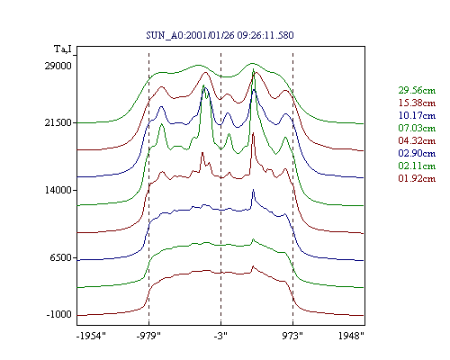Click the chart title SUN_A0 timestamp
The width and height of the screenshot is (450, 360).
tap(220, 35)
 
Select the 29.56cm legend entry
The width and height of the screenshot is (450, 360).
tap(417, 90)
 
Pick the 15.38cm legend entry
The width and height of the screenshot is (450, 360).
tap(417, 103)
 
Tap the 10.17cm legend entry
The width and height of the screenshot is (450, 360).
tap(417, 115)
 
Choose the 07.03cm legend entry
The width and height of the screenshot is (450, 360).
tap(417, 128)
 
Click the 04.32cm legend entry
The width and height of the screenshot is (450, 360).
tap(417, 140)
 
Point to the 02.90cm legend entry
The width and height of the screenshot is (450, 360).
tap(417, 153)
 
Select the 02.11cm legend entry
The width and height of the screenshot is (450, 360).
tap(417, 166)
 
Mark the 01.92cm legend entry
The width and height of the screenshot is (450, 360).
tap(417, 178)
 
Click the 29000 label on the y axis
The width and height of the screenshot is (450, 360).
tap(58, 66)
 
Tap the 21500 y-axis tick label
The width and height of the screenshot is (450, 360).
tap(58, 122)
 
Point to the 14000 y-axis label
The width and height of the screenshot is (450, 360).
tap(58, 190)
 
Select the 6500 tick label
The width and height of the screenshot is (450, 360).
tap(61, 257)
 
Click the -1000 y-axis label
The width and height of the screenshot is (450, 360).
tap(59, 314)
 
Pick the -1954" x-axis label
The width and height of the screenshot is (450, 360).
tap(91, 336)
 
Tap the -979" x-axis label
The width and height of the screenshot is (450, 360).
tap(148, 336)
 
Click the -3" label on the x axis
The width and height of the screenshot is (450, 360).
tap(220, 336)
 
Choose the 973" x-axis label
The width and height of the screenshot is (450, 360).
tap(292, 336)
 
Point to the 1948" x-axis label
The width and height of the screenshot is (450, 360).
tap(351, 336)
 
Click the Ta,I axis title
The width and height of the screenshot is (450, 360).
tap(63, 49)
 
